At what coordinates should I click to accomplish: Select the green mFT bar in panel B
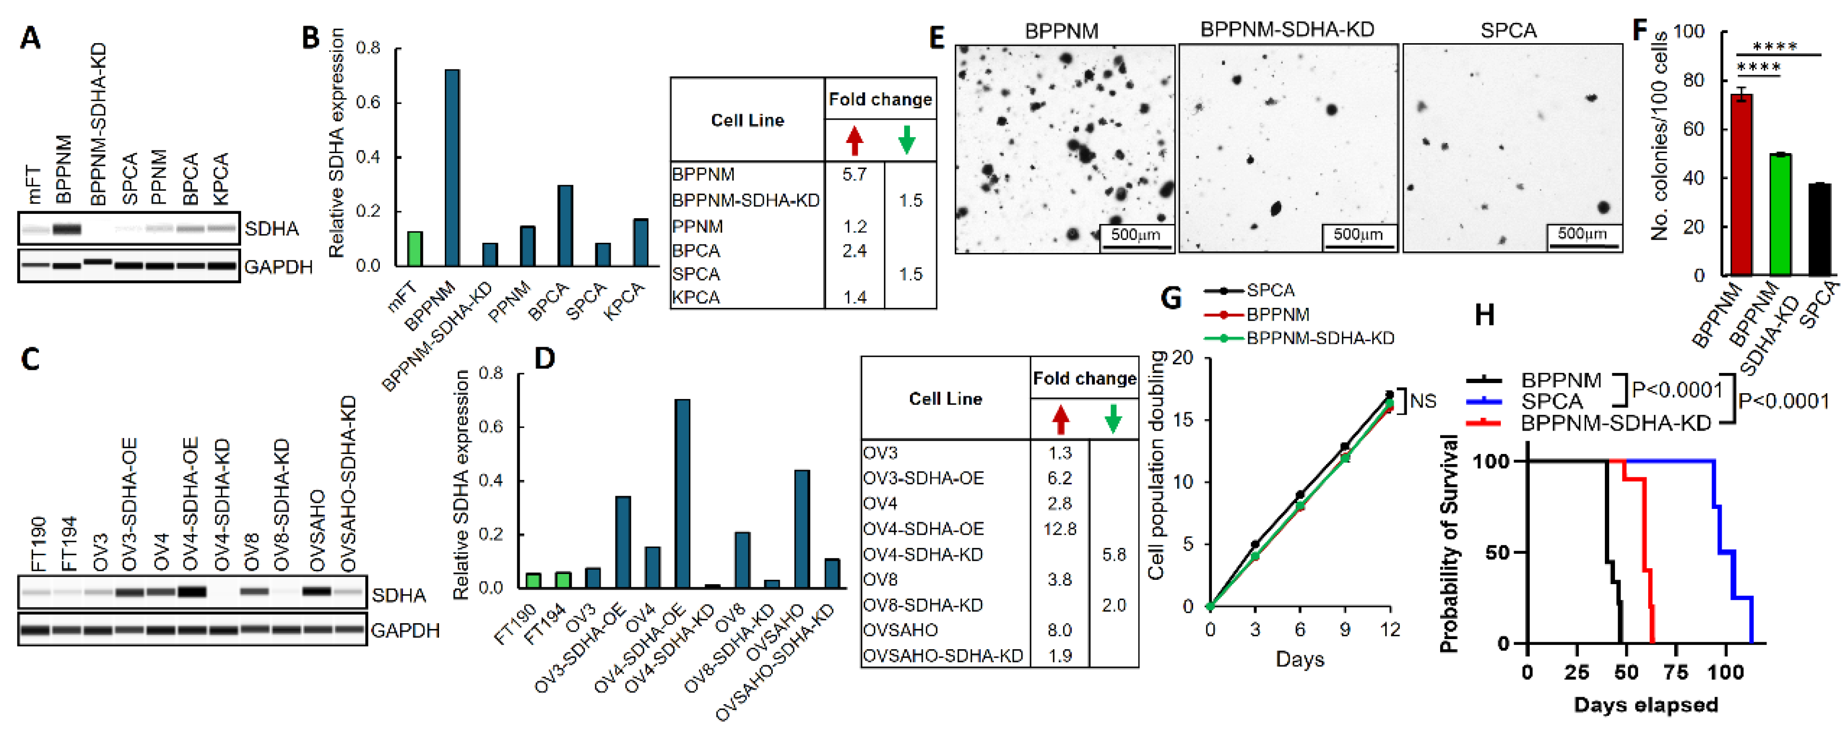coord(414,249)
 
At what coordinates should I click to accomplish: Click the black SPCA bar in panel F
coord(1819,229)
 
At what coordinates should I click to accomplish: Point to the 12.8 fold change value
coord(1060,529)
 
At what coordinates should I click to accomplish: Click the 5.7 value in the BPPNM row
coord(854,174)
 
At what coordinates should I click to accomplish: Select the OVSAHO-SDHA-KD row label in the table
coord(942,656)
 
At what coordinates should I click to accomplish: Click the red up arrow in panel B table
coord(853,140)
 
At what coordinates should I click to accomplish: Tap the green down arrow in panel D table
coord(1113,419)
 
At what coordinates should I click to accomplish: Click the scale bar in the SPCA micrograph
coord(1583,246)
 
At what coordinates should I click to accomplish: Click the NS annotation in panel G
coord(1423,401)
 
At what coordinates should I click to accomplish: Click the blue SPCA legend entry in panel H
coord(1552,401)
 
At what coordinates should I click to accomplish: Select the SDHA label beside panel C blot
coord(398,595)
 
